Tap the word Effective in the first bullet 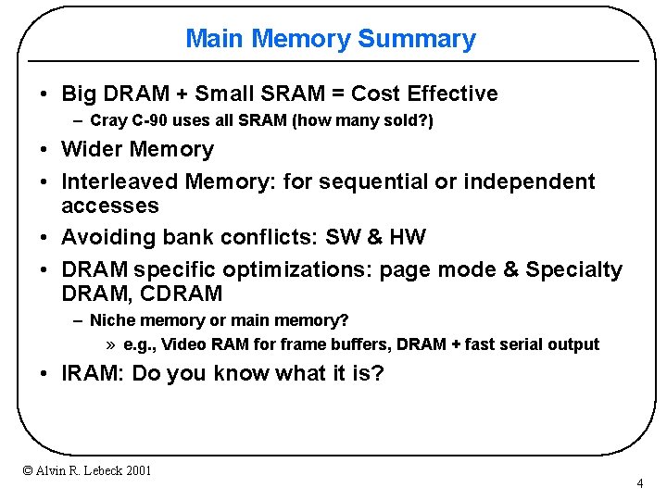click(451, 94)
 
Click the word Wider click(92, 149)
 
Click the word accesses click(110, 206)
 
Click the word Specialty click(574, 269)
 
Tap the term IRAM click(89, 374)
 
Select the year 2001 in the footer click(135, 471)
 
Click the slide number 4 click(640, 484)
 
